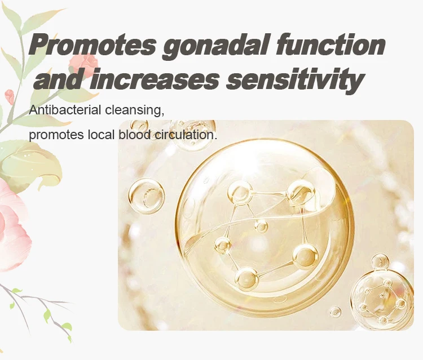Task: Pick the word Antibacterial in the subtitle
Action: [x=65, y=110]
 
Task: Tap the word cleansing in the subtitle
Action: [x=134, y=110]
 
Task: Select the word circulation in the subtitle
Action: [x=186, y=135]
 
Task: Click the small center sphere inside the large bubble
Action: [x=261, y=226]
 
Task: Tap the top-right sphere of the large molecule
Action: [x=300, y=193]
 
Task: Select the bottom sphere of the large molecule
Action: [x=247, y=278]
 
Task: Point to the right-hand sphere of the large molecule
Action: [x=305, y=256]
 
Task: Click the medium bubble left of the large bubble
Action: [x=146, y=196]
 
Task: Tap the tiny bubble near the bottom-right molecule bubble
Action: [x=336, y=312]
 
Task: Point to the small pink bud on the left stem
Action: [x=10, y=96]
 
